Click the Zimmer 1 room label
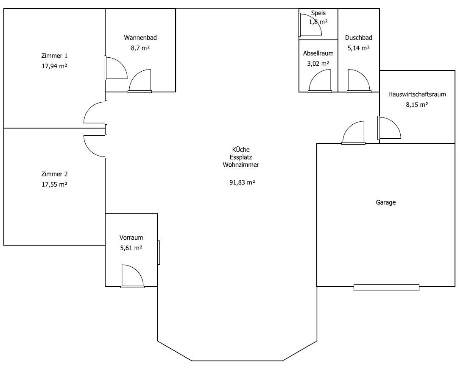54,56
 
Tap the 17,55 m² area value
54,185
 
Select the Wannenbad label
140,38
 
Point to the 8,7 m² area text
140,48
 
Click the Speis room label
318,13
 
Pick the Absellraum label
318,53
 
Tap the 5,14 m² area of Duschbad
359,48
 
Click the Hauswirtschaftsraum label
417,95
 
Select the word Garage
386,202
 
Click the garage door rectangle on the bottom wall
386,288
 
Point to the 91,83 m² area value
242,182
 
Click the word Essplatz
241,157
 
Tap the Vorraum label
131,238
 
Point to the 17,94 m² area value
54,66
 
